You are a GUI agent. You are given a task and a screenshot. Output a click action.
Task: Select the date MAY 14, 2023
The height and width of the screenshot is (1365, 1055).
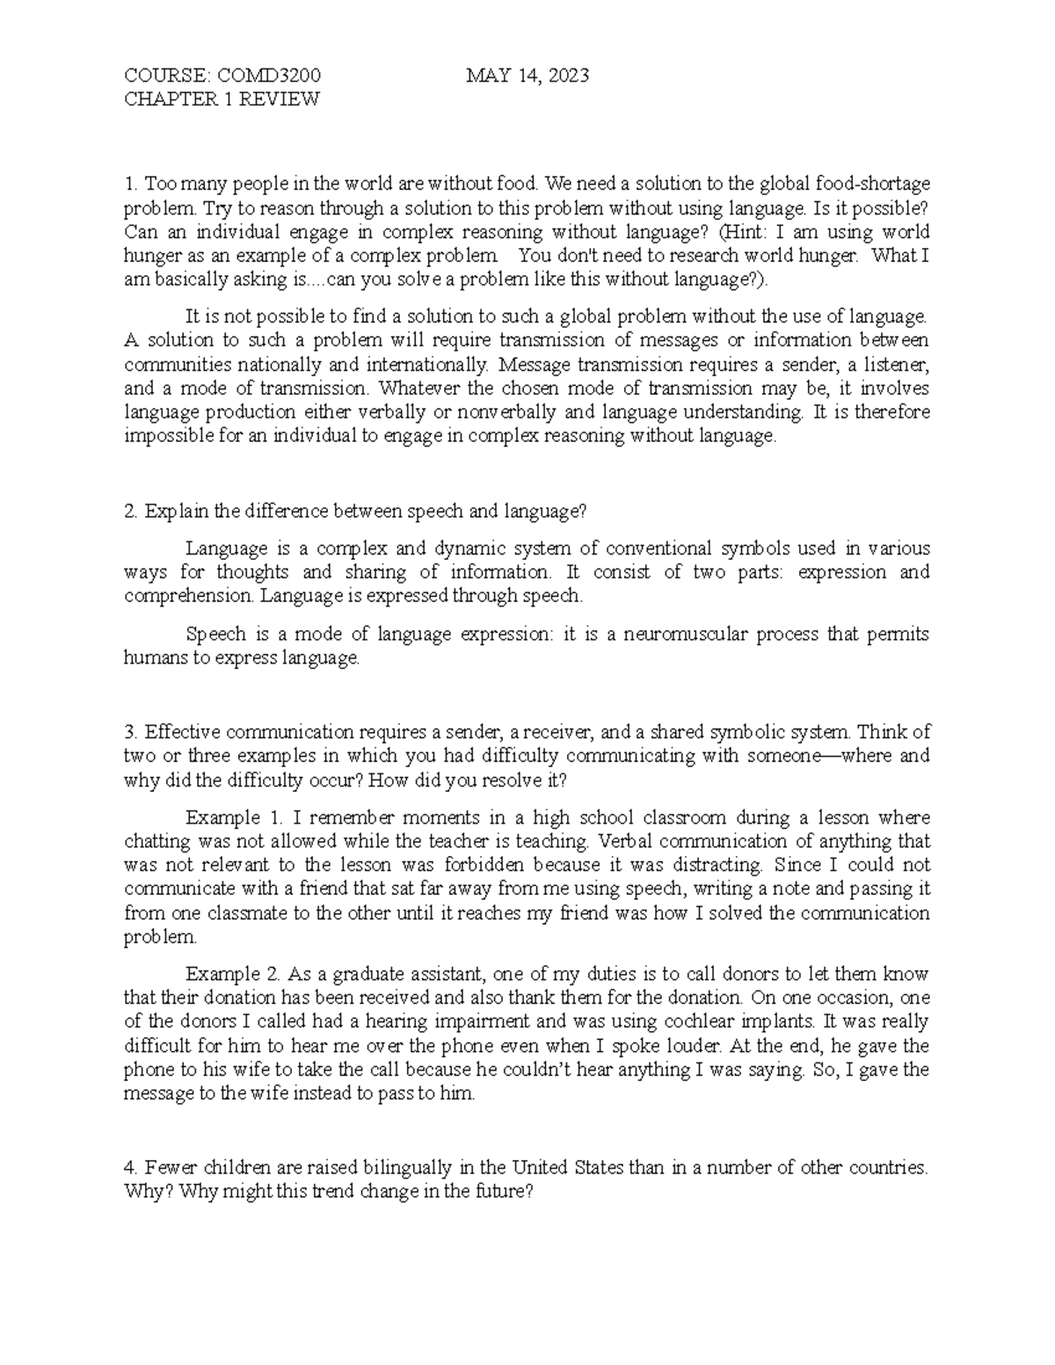coord(527,76)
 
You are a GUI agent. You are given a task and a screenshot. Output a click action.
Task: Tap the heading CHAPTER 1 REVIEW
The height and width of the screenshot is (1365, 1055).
coord(222,99)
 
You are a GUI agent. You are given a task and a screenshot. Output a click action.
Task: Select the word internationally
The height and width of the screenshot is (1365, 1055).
coord(415,364)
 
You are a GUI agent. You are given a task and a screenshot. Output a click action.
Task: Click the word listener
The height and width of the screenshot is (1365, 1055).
coord(894,364)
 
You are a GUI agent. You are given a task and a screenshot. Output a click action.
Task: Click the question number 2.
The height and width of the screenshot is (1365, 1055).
coord(130,511)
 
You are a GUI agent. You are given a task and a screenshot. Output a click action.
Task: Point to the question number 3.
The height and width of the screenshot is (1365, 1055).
coord(130,732)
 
